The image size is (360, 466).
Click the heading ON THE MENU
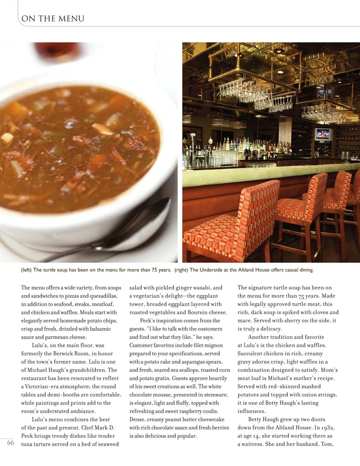coord(53,19)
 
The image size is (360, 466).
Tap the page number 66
coord(10,443)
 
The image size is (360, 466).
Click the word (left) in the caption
coord(26,270)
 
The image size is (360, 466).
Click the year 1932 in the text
coord(328,428)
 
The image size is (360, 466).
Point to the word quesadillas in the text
coord(103,296)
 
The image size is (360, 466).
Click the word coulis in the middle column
coord(210,411)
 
